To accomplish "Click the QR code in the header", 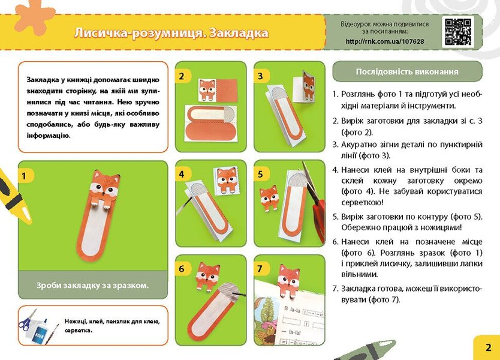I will tap(458, 32).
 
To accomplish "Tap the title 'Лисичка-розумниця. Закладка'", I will tap(171, 33).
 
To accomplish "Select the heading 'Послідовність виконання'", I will tap(407, 71).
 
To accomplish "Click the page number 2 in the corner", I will tap(488, 347).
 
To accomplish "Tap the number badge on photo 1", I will tap(25, 176).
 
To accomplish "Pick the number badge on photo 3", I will tap(260, 76).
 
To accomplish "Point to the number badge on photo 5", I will tap(260, 175).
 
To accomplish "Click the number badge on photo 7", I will tap(260, 269).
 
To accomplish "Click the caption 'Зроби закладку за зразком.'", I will tap(92, 285).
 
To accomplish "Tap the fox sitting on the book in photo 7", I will tap(288, 280).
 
